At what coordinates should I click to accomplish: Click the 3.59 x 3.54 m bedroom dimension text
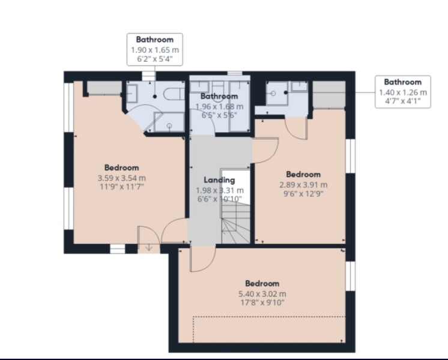(122, 178)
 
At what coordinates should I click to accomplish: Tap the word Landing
(220, 179)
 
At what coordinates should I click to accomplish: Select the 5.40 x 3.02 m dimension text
(262, 294)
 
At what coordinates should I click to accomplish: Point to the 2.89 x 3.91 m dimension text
(303, 185)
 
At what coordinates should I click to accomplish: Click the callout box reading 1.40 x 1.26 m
(402, 92)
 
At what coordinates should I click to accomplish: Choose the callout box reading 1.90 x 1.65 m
(155, 50)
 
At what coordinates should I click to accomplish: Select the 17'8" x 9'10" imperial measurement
(262, 303)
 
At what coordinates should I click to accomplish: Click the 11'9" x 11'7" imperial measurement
(122, 187)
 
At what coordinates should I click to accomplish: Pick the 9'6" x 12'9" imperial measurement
(303, 194)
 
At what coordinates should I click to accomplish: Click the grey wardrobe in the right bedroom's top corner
(330, 95)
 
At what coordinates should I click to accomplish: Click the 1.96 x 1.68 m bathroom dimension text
(220, 106)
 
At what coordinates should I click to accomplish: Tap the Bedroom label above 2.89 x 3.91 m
(303, 175)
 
